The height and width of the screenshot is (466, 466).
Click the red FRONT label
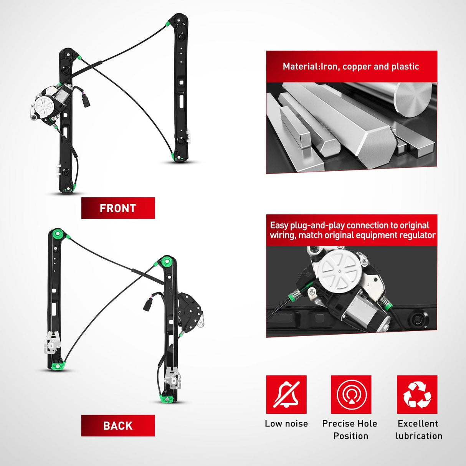(x=118, y=208)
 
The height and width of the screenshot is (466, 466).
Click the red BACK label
(x=118, y=426)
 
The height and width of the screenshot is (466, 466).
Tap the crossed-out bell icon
(x=286, y=395)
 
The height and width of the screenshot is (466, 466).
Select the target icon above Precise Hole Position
(x=351, y=395)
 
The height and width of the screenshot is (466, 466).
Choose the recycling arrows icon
(x=417, y=395)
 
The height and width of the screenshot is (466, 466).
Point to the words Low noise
(x=286, y=423)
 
